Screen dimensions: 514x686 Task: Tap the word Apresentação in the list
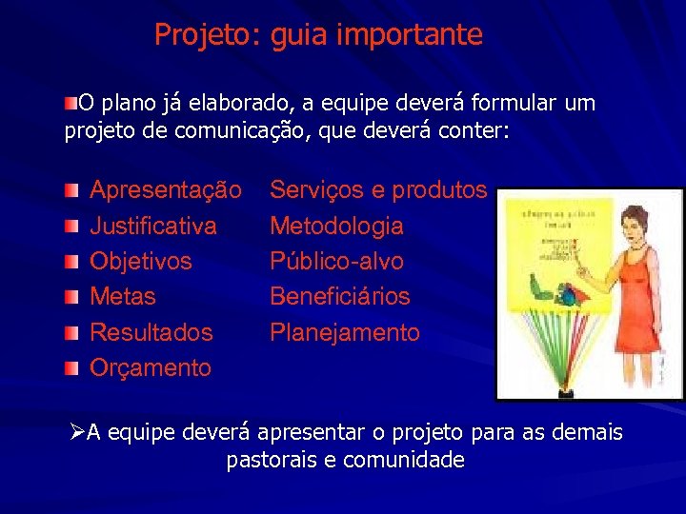[165, 190]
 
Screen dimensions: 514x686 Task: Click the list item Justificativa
[152, 227]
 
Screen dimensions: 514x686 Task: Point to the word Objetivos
[140, 262]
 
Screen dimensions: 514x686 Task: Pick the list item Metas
[122, 297]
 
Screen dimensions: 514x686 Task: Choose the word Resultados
[151, 332]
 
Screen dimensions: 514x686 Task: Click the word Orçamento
[150, 367]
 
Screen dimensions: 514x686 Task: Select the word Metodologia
[336, 227]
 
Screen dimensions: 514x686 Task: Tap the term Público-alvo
[336, 262]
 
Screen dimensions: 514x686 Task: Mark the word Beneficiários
[340, 297]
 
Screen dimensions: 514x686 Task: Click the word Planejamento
[344, 332]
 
